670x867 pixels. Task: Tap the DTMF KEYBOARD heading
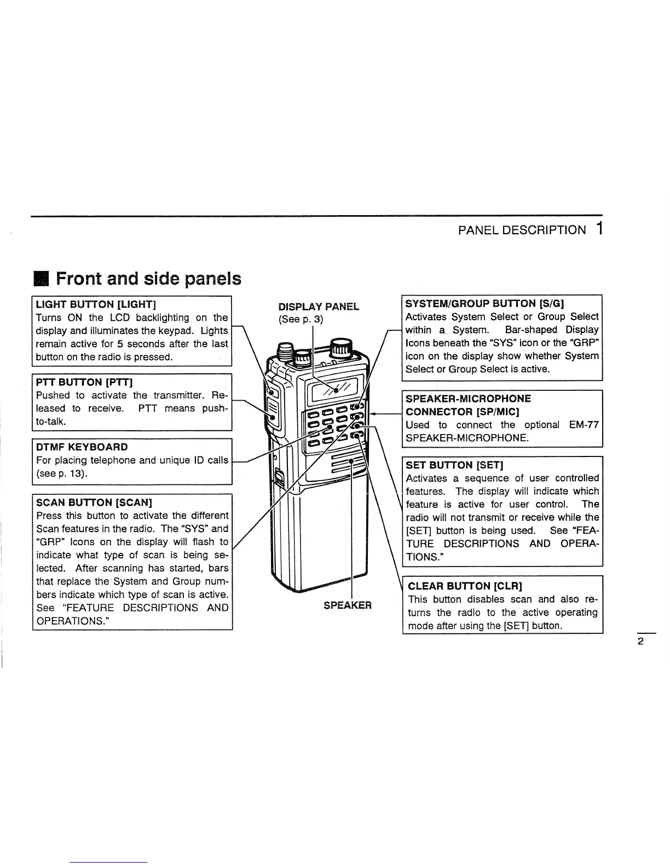pyautogui.click(x=82, y=447)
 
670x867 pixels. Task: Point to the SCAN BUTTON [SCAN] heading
pyautogui.click(x=94, y=502)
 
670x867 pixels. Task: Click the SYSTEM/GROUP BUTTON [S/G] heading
pyautogui.click(x=485, y=304)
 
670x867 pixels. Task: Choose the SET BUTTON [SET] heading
pyautogui.click(x=454, y=465)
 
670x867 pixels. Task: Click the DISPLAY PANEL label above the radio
pyautogui.click(x=319, y=307)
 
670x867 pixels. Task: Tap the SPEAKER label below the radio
pyautogui.click(x=347, y=605)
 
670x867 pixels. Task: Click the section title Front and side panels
pyautogui.click(x=148, y=279)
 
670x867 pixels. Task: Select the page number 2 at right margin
pyautogui.click(x=640, y=641)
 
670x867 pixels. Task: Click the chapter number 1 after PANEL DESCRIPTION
pyautogui.click(x=600, y=229)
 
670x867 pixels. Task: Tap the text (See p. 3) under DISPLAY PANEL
pyautogui.click(x=301, y=319)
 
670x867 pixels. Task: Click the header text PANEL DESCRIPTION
pyautogui.click(x=522, y=230)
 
